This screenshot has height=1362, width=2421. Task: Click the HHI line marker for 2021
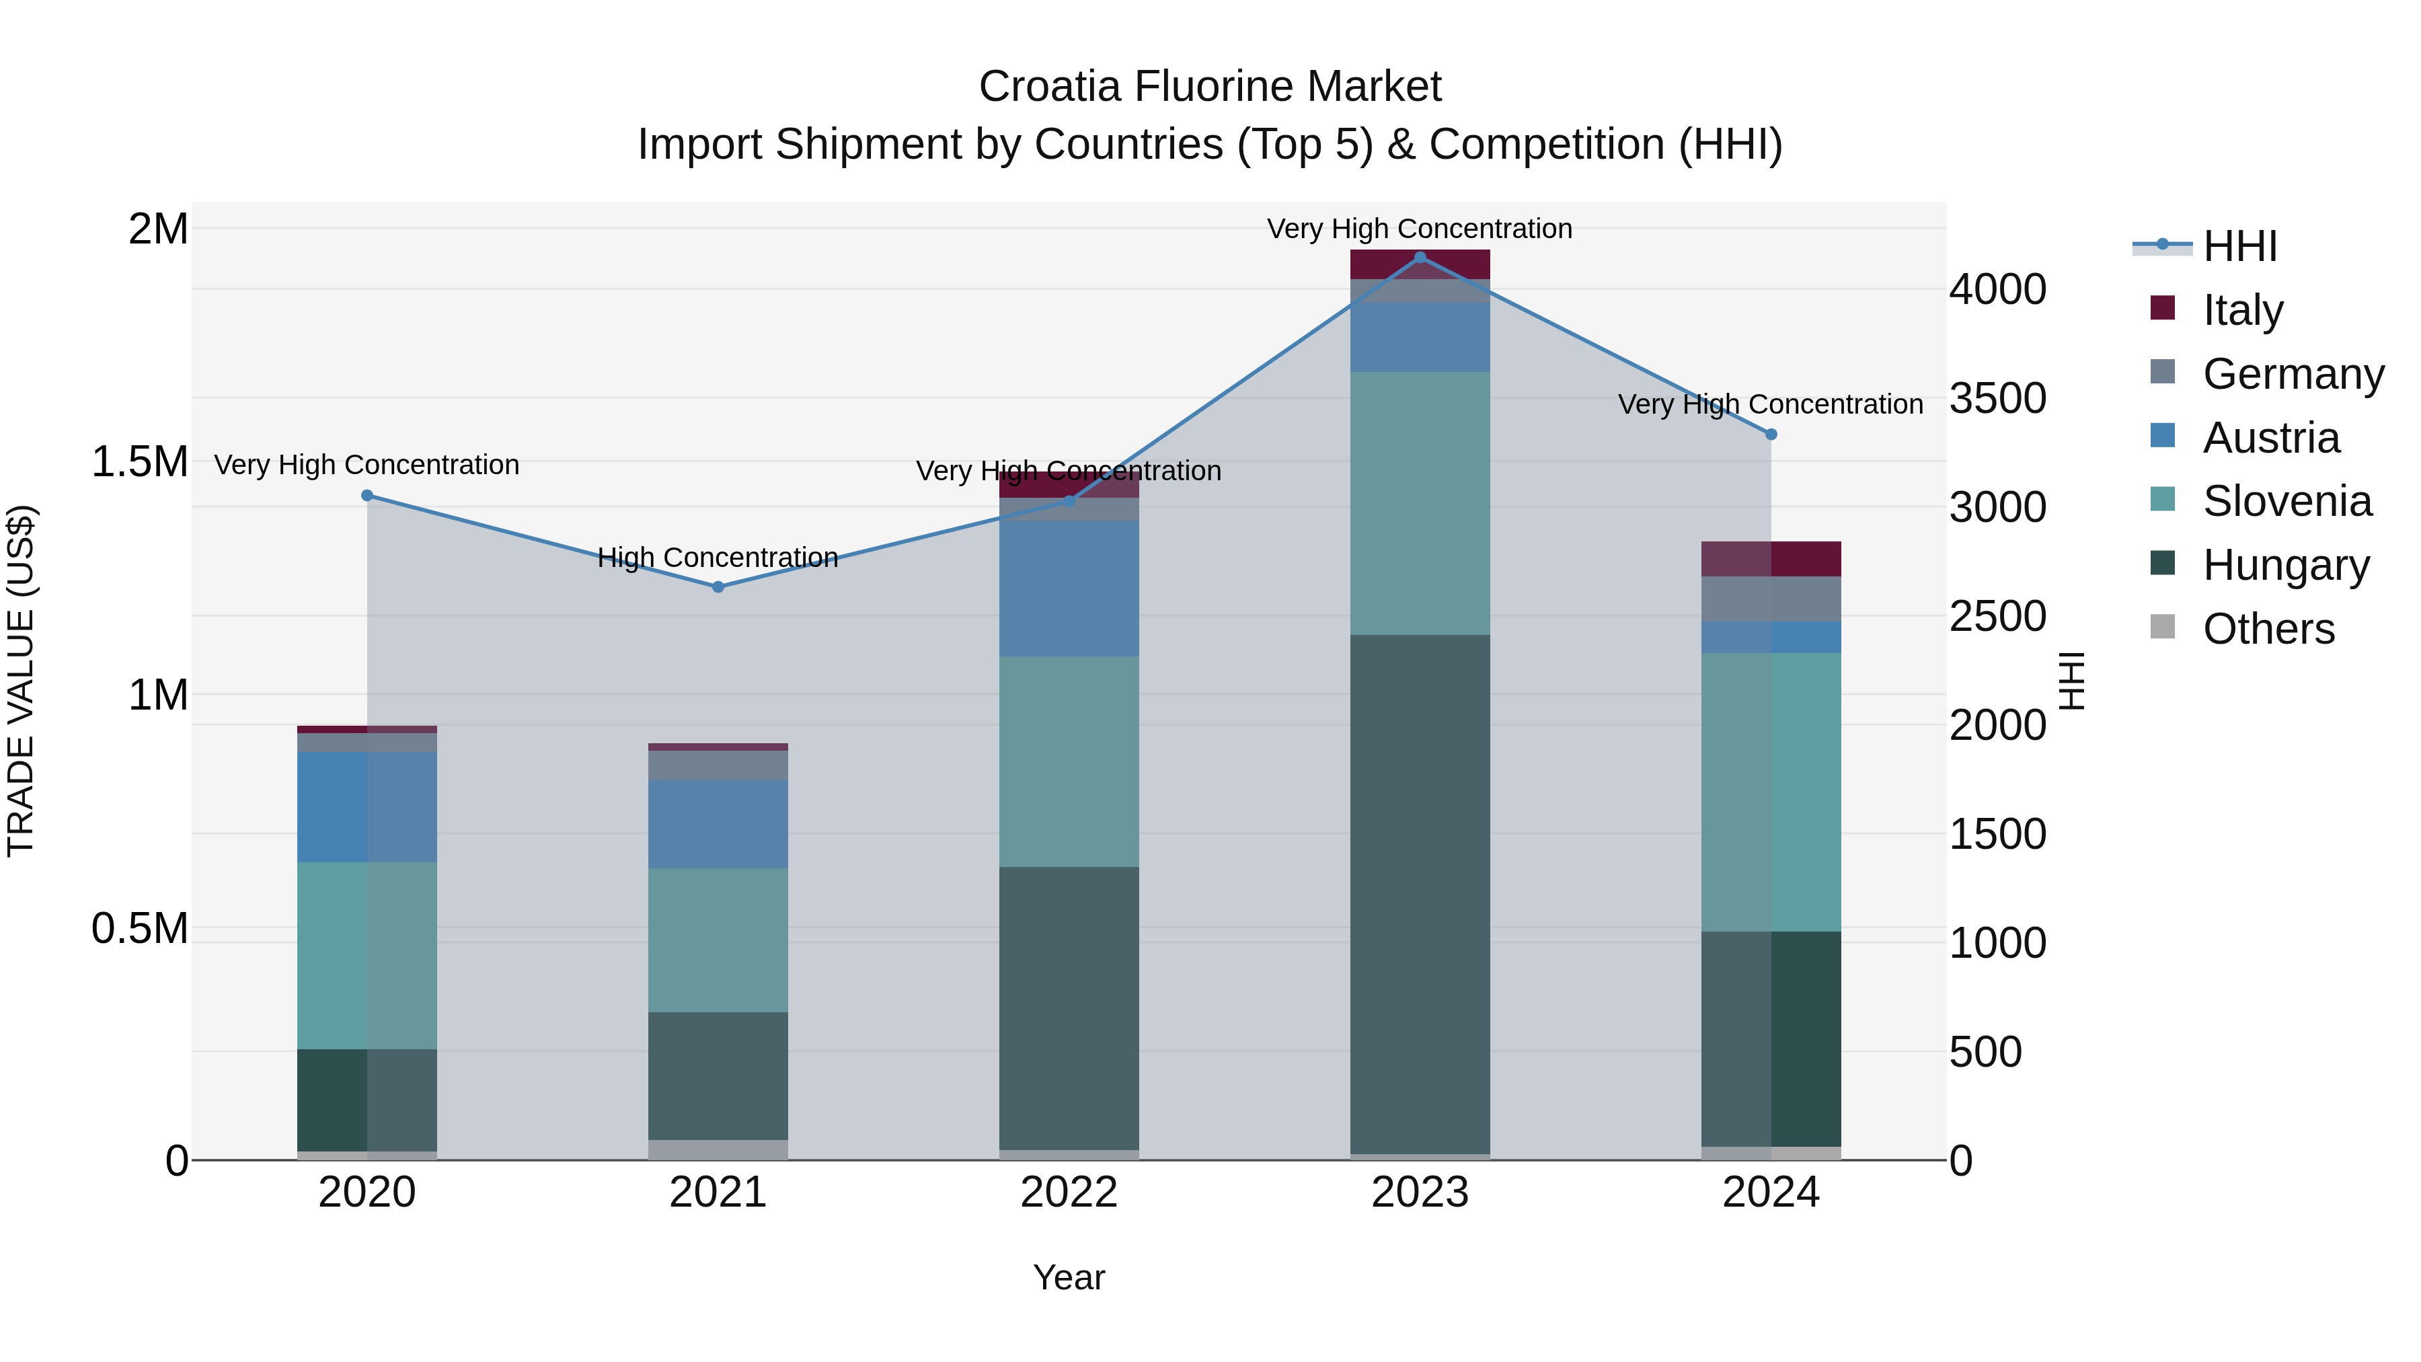(x=718, y=587)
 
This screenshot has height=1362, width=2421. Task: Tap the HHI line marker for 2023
(x=1420, y=258)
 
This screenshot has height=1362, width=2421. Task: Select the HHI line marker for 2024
(x=1771, y=434)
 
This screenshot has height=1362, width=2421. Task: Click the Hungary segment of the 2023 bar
(x=1420, y=893)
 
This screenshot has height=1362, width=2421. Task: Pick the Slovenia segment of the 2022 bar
(x=1069, y=761)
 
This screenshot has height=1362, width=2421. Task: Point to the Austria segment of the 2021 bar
(x=718, y=823)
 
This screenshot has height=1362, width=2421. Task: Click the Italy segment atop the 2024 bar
(x=1771, y=558)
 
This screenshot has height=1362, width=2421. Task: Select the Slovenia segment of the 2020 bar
(x=367, y=955)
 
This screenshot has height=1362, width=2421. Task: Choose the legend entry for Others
(x=2267, y=629)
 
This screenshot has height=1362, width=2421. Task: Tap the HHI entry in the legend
(x=2239, y=246)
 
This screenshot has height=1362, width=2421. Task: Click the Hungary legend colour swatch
(x=2163, y=564)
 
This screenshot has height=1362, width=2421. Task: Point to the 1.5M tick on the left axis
(x=140, y=461)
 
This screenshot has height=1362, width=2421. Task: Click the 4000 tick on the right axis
(x=1997, y=289)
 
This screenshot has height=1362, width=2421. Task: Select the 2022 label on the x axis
(x=1069, y=1193)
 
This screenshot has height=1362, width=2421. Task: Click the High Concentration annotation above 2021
(x=718, y=558)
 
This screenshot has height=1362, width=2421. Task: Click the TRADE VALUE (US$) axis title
(x=21, y=681)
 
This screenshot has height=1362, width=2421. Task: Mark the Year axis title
(x=1069, y=1277)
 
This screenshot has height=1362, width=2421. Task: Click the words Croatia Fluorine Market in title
(x=1210, y=87)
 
